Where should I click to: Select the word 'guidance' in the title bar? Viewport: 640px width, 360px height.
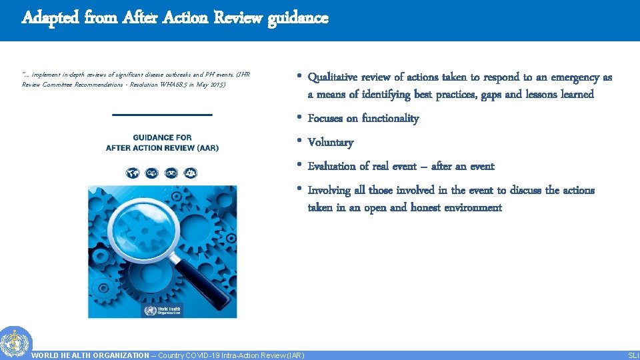click(298, 18)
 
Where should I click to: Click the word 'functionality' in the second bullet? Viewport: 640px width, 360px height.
click(390, 119)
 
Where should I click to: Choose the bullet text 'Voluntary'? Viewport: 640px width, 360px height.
click(331, 143)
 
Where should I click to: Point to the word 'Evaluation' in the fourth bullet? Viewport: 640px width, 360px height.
click(333, 167)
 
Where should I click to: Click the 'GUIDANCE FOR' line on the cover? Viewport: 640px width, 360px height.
click(162, 137)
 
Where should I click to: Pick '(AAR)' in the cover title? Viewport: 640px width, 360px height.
click(204, 147)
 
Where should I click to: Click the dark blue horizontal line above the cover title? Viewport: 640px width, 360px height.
click(162, 115)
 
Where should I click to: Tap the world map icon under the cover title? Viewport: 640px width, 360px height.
click(133, 173)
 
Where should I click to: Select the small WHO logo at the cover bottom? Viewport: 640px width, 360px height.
click(162, 310)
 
